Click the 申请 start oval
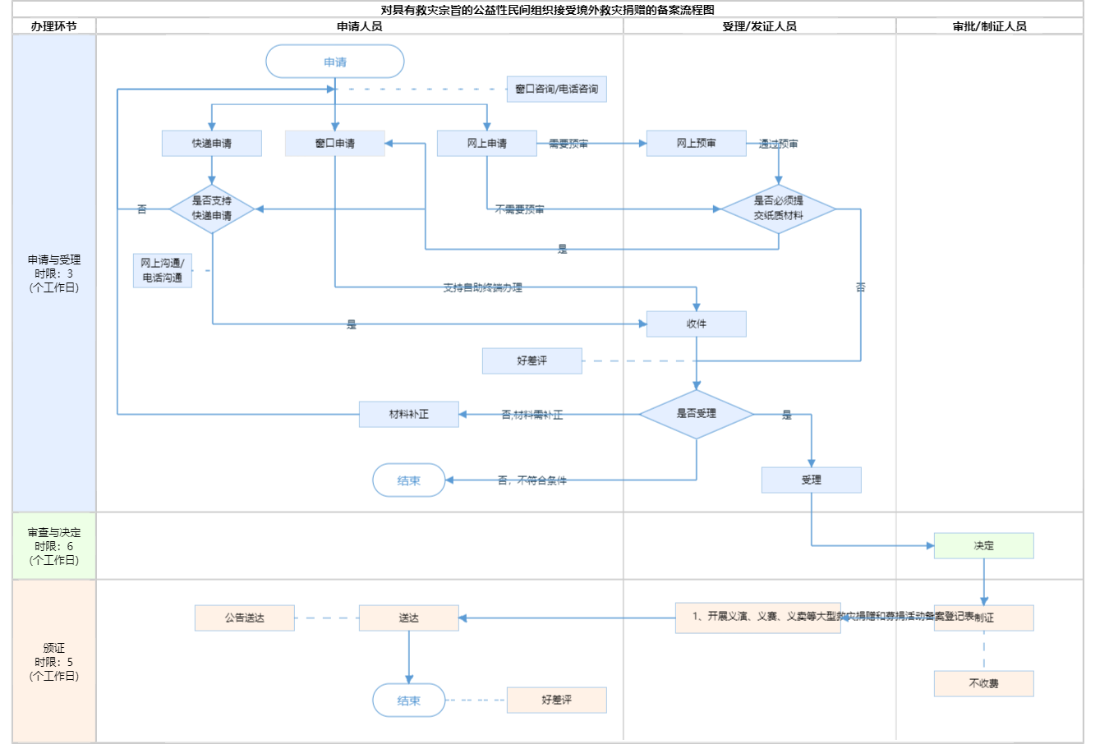[335, 62]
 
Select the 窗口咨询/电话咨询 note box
[557, 89]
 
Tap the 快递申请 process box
[212, 143]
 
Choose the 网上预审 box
[696, 143]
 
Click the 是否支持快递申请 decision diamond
[212, 209]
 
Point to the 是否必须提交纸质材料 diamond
[778, 209]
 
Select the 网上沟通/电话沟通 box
[163, 270]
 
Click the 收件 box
[696, 324]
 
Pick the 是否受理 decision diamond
[696, 414]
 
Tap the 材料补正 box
[408, 414]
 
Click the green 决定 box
[983, 545]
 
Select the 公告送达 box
[245, 618]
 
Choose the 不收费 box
[983, 683]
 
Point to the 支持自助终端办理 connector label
[483, 287]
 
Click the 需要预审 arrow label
[568, 144]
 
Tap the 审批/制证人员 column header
[989, 26]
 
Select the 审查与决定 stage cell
[54, 546]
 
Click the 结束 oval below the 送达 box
[409, 700]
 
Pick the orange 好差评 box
[557, 700]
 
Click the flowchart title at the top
[548, 10]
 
